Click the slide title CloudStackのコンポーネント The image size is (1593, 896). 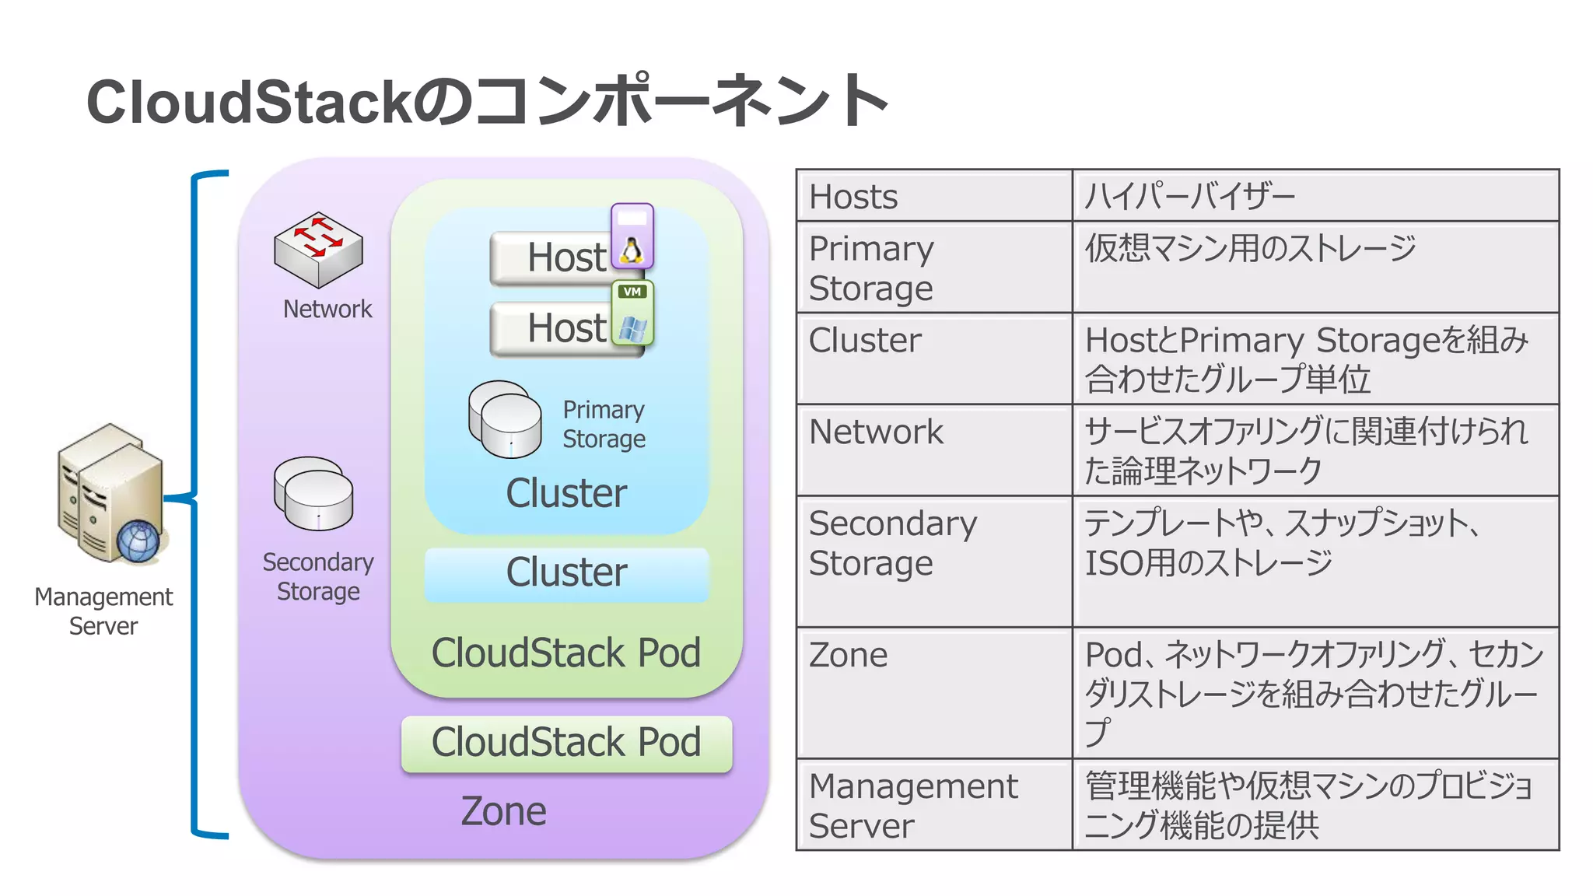pos(487,101)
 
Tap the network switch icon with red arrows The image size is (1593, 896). pos(318,249)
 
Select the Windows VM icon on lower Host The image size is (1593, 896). pos(633,315)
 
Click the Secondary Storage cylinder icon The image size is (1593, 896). pos(313,493)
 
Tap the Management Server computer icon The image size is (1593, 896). pos(111,493)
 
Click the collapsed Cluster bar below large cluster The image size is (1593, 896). pos(566,574)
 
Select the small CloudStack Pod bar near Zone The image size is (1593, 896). pos(566,743)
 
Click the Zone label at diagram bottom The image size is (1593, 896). pos(503,811)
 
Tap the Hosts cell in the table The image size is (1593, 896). pos(933,196)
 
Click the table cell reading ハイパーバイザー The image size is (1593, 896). pos(1315,196)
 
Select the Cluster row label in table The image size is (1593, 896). pos(933,359)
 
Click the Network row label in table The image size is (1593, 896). pos(933,450)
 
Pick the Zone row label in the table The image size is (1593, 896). pos(933,692)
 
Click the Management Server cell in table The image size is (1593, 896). pos(933,805)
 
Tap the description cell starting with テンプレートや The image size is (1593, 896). pos(1315,561)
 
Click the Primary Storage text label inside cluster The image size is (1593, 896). pos(604,424)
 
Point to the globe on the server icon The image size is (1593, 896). pos(138,541)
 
